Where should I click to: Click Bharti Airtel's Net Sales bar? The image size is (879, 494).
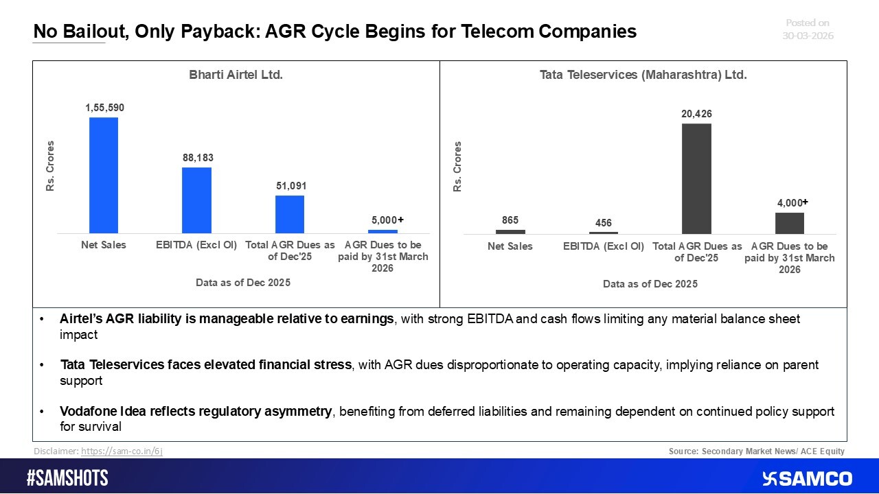point(104,175)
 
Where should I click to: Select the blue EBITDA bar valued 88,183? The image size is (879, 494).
point(196,200)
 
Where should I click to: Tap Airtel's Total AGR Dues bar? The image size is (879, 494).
point(289,214)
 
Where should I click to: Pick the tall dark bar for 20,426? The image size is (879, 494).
point(696,178)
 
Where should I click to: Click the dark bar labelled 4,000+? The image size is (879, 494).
point(789,223)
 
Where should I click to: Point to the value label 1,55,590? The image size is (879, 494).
point(104,108)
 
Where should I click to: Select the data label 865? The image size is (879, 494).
point(510,220)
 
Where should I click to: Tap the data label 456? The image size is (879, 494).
point(603,223)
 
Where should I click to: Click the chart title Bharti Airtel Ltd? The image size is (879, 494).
point(236,75)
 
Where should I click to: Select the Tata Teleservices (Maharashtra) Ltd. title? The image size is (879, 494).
point(643,75)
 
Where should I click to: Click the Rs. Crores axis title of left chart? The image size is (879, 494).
point(50,166)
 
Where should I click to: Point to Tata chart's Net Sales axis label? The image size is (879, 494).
point(510,246)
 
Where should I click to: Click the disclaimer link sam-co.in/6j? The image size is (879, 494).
point(122,451)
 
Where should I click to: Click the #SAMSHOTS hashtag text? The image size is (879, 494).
point(67,478)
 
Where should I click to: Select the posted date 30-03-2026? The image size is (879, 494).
point(808,36)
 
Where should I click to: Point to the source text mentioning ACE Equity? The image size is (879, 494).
point(756,451)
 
